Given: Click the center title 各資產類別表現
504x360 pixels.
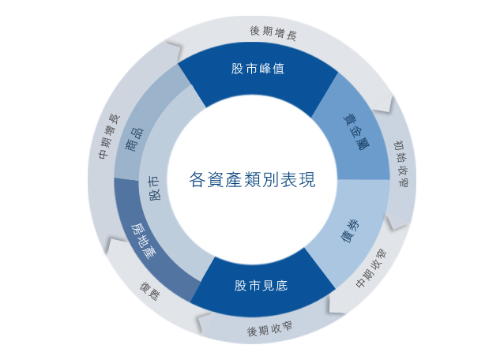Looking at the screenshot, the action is (252, 179).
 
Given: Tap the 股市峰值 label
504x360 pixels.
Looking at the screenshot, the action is (258, 69).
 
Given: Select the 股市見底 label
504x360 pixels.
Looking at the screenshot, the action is (261, 286).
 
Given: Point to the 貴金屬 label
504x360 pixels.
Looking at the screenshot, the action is (355, 131).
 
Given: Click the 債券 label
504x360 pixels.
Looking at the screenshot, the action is (350, 231).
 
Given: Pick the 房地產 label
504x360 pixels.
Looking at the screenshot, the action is (143, 241).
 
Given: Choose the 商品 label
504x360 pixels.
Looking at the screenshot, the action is (134, 140).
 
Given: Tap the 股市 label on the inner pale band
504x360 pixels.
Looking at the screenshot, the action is (154, 188).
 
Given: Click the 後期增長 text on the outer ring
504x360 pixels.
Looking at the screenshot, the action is (273, 33).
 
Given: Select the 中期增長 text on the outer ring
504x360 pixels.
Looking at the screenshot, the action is (109, 136).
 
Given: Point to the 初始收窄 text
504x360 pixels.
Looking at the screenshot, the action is (401, 163).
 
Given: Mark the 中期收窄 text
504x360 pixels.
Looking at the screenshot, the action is (371, 268).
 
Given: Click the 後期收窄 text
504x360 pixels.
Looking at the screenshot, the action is (269, 329).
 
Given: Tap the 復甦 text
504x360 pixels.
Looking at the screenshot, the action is (149, 291).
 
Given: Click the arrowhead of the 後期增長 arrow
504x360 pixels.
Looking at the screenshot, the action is (383, 104).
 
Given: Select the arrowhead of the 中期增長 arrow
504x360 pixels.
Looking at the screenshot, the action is (172, 50).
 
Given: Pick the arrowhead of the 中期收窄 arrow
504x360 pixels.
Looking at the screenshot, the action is (337, 304).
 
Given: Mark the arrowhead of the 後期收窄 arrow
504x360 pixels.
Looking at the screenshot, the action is (205, 324).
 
